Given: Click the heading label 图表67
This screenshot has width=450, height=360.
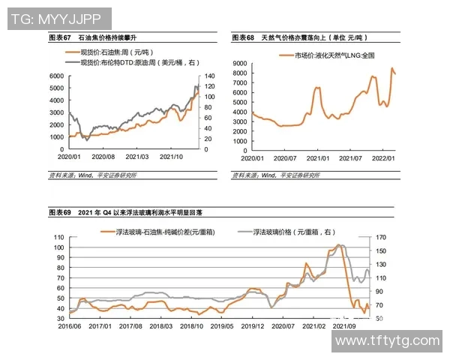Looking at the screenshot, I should click(x=59, y=37).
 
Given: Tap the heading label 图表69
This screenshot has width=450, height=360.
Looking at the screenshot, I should click(x=59, y=213).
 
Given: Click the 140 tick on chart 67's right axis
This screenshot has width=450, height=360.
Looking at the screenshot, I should click(x=211, y=76).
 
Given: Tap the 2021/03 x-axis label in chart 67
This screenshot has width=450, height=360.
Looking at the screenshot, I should click(x=138, y=157).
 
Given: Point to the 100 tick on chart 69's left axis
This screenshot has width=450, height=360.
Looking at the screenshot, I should click(x=58, y=247).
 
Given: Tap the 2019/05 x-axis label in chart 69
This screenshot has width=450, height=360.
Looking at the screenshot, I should click(x=223, y=326).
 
